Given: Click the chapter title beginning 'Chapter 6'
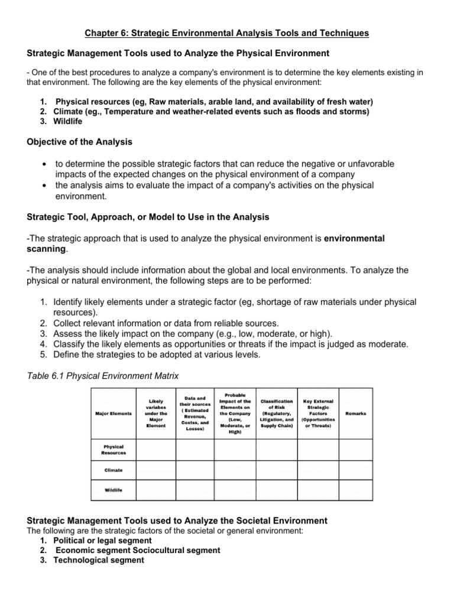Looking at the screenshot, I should click(227, 34).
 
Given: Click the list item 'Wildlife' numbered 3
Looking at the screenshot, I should click(69, 121).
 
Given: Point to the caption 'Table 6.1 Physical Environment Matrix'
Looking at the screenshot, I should click(103, 376).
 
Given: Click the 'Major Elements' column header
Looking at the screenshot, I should click(113, 414).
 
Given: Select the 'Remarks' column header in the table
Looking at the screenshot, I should click(355, 414).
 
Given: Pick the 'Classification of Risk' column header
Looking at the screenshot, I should click(277, 414).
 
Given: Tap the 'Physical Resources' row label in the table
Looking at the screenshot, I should click(113, 450).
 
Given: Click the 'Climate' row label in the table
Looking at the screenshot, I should click(113, 470).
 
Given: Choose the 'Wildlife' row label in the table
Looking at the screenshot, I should click(113, 490).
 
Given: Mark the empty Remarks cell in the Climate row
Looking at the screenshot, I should click(355, 470).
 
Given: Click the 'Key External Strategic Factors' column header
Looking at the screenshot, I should click(319, 414).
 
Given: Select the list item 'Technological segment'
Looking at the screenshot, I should click(98, 560).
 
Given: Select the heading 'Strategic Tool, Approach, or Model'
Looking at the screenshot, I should click(148, 217).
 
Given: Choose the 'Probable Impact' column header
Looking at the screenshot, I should click(235, 413).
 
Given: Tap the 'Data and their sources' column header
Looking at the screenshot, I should click(194, 414).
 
